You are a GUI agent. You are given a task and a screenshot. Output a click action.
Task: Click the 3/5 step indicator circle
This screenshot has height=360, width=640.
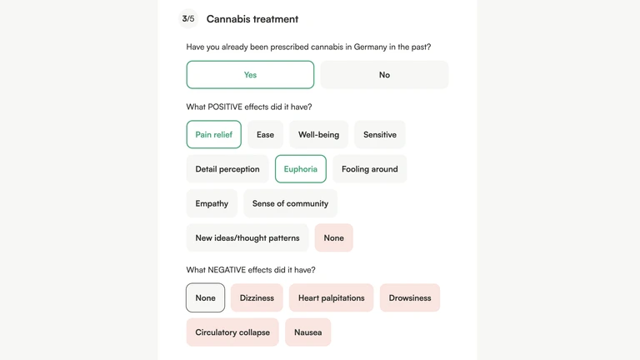(188, 18)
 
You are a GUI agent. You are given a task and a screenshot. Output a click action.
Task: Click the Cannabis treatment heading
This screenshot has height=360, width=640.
(252, 19)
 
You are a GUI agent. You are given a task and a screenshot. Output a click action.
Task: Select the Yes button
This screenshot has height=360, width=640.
(250, 75)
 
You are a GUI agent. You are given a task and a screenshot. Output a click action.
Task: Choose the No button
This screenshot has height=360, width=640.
(384, 75)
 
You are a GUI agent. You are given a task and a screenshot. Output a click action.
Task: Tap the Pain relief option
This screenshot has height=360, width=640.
(214, 134)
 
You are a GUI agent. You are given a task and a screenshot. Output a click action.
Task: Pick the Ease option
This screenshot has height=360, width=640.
(265, 134)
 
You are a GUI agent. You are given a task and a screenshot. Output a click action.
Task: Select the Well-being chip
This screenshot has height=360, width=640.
(318, 134)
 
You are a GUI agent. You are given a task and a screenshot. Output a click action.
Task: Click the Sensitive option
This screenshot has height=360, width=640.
(380, 134)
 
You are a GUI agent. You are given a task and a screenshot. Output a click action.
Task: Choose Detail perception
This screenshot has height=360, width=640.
(227, 169)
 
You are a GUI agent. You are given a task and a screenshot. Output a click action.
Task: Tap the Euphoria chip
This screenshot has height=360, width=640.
(301, 169)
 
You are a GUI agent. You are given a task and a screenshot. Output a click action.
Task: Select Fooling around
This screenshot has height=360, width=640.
(369, 169)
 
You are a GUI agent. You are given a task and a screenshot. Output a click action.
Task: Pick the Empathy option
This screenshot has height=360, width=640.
(212, 203)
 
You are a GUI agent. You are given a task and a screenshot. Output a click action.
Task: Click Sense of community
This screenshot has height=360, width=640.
(290, 203)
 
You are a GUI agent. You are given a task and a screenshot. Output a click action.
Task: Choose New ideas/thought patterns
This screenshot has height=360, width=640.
(247, 237)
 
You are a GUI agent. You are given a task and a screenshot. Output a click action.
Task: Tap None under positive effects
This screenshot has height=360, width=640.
(333, 237)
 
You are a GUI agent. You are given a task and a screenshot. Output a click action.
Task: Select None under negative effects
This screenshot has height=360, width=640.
(206, 297)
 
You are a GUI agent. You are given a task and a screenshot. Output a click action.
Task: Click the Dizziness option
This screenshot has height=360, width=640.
(257, 297)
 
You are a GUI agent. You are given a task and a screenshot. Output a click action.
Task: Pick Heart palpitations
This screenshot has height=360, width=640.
(331, 297)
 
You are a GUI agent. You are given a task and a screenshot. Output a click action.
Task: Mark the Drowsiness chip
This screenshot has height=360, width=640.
(410, 297)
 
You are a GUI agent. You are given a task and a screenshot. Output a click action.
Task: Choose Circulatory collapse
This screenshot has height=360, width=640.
(232, 332)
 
